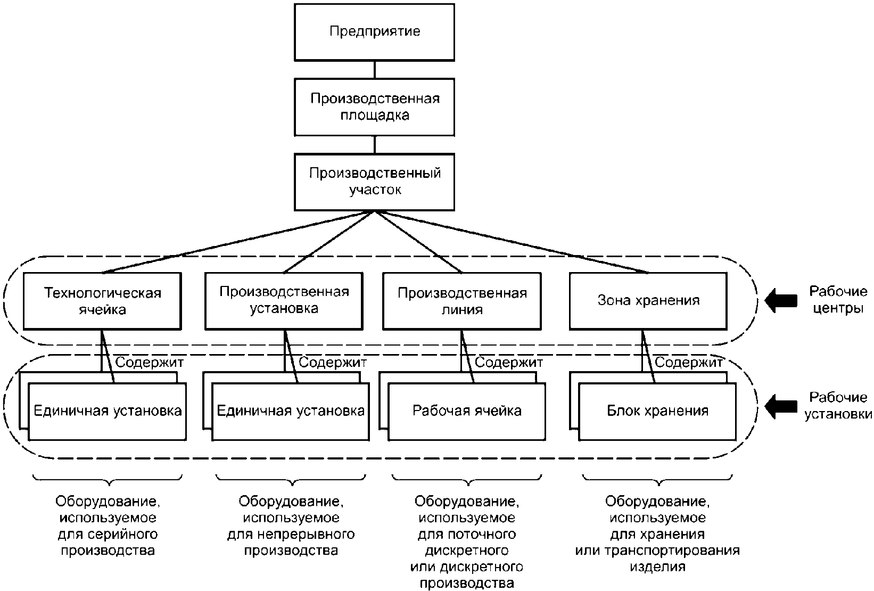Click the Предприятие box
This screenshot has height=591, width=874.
pyautogui.click(x=374, y=32)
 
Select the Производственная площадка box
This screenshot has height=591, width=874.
pyautogui.click(x=374, y=107)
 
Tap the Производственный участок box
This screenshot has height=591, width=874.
pyautogui.click(x=374, y=182)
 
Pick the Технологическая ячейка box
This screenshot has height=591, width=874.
pyautogui.click(x=102, y=301)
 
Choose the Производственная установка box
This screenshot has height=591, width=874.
pyautogui.click(x=284, y=301)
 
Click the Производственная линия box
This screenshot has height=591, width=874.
pyautogui.click(x=462, y=301)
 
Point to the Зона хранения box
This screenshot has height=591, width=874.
pyautogui.click(x=648, y=301)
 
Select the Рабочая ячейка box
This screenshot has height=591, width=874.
pyautogui.click(x=467, y=412)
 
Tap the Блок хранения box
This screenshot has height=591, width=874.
pyautogui.click(x=657, y=412)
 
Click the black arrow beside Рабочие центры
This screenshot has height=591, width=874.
pyautogui.click(x=780, y=301)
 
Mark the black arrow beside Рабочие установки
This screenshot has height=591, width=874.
pyautogui.click(x=780, y=406)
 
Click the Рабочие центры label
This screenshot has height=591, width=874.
pyautogui.click(x=838, y=299)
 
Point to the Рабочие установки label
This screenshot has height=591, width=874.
pyautogui.click(x=838, y=405)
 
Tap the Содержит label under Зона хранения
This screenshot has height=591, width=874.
pyautogui.click(x=689, y=362)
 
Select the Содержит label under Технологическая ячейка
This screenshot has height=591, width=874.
pyautogui.click(x=150, y=362)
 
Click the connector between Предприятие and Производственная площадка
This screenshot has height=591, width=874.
pyautogui.click(x=375, y=70)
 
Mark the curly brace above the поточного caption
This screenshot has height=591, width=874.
pyautogui.click(x=467, y=480)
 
